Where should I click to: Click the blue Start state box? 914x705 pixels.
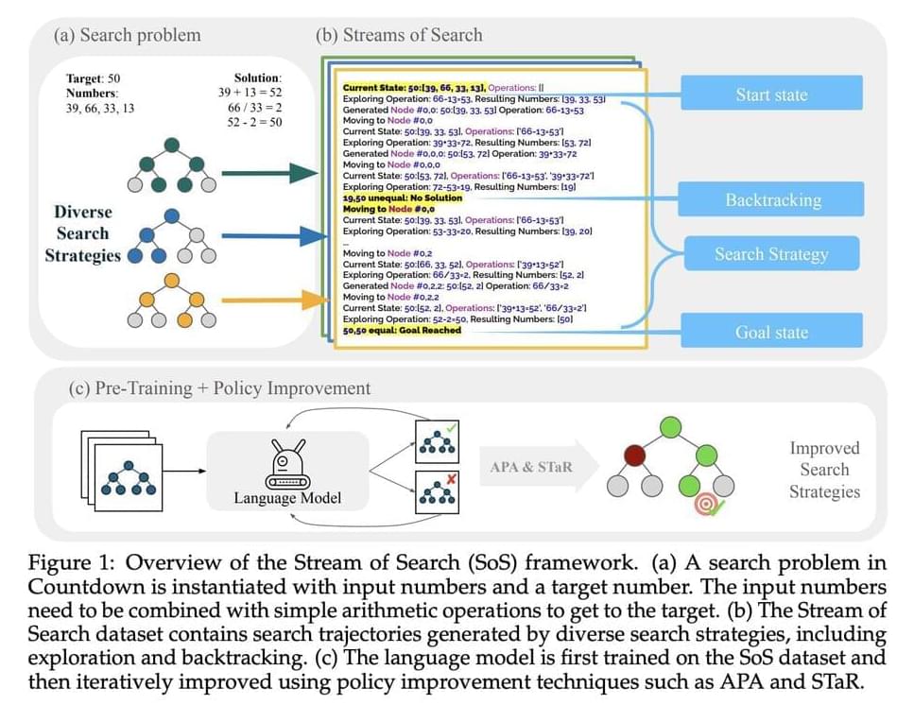(x=771, y=95)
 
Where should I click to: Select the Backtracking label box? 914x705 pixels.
(x=772, y=199)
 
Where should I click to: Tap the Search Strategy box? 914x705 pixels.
(x=771, y=254)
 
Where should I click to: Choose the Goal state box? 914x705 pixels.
(x=771, y=333)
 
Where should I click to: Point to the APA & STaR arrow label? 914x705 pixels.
(x=531, y=467)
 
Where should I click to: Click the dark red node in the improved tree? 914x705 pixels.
(x=635, y=453)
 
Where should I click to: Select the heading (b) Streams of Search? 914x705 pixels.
(x=399, y=36)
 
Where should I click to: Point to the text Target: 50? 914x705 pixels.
(x=94, y=78)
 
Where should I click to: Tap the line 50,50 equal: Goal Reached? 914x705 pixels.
(x=402, y=330)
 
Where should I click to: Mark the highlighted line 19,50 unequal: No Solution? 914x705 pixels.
(x=403, y=198)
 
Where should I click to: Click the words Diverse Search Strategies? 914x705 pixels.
(x=82, y=233)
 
